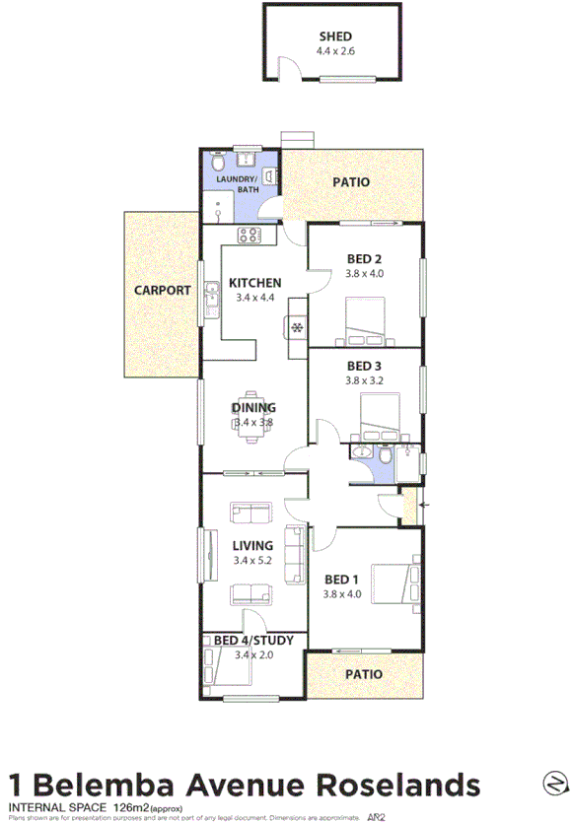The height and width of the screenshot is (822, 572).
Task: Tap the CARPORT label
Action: [163, 291]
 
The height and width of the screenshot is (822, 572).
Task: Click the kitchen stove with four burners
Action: [248, 235]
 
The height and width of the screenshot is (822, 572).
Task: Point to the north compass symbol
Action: [555, 783]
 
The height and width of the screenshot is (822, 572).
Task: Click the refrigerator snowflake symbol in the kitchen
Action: [296, 327]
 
